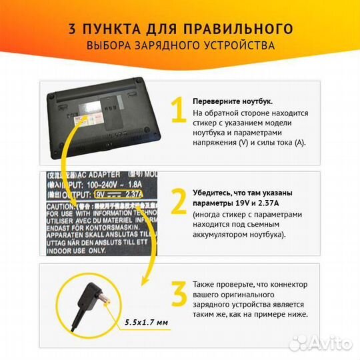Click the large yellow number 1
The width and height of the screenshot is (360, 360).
click(x=177, y=111)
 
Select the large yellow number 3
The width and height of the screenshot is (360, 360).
click(x=177, y=294)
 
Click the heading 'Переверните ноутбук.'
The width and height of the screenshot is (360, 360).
click(x=232, y=101)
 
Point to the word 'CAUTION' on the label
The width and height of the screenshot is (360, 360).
click(x=62, y=207)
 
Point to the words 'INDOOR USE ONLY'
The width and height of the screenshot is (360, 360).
click(x=75, y=251)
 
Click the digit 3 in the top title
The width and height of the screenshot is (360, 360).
click(x=71, y=29)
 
